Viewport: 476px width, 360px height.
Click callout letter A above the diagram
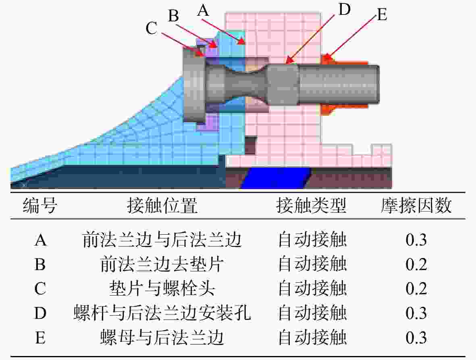pyautogui.click(x=204, y=10)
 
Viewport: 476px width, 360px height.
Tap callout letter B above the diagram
pyautogui.click(x=174, y=15)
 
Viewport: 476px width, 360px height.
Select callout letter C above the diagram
pyautogui.click(x=152, y=28)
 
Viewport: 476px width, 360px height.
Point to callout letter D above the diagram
pyautogui.click(x=345, y=9)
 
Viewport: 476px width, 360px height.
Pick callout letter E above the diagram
pyautogui.click(x=382, y=15)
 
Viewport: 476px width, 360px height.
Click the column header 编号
pyautogui.click(x=40, y=205)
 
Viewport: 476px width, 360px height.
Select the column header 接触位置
pyautogui.click(x=162, y=205)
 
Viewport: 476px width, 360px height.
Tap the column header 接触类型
pyautogui.click(x=312, y=205)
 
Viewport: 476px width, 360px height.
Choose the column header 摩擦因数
pyautogui.click(x=416, y=205)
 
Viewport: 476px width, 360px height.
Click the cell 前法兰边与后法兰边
pyautogui.click(x=162, y=240)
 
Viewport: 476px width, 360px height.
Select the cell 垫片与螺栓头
pyautogui.click(x=162, y=288)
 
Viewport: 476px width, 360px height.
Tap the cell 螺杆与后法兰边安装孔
pyautogui.click(x=162, y=313)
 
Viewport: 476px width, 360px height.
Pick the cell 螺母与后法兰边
pyautogui.click(x=162, y=337)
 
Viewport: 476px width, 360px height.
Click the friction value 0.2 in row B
pyautogui.click(x=416, y=264)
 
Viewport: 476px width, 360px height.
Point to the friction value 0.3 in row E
pyautogui.click(x=416, y=337)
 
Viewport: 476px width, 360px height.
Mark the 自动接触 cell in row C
pyautogui.click(x=312, y=288)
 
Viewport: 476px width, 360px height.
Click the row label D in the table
pyautogui.click(x=40, y=313)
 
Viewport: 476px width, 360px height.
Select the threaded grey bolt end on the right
pyautogui.click(x=339, y=84)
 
